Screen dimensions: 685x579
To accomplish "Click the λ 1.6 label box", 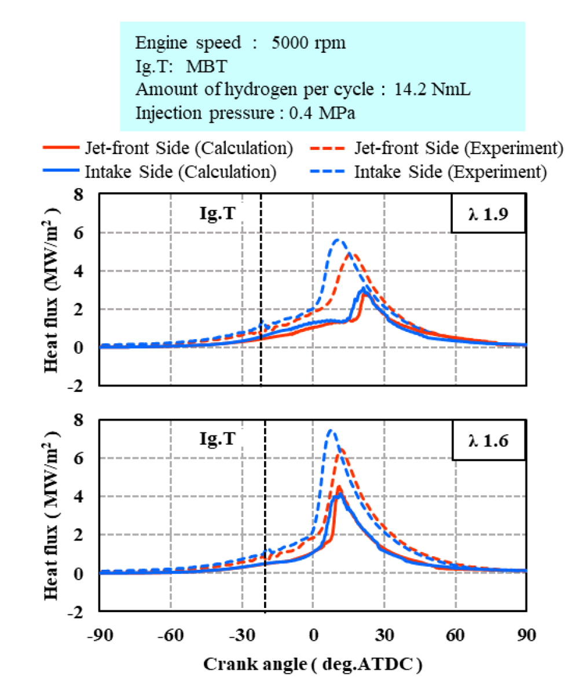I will tap(488, 439).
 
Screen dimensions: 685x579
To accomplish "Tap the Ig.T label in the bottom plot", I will tap(217, 440).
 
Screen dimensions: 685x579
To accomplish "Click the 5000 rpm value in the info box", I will tap(309, 43).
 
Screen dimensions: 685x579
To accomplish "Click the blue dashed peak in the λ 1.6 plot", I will tap(330, 431).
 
